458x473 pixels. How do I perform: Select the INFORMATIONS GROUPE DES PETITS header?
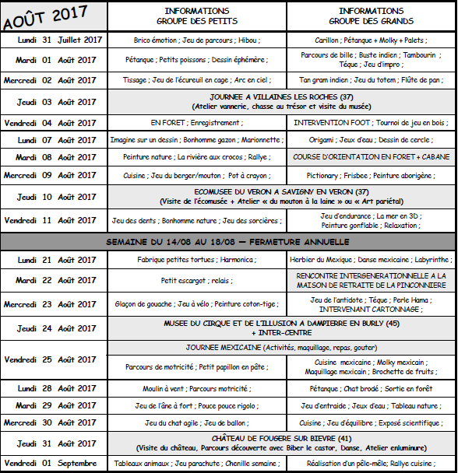(x=197, y=16)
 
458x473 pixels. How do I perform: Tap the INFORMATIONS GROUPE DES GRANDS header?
(x=372, y=16)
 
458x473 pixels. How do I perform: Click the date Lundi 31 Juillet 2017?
(x=60, y=39)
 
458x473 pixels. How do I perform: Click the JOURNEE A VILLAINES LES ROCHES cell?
(x=283, y=96)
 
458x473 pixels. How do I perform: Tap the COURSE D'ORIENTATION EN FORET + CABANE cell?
(x=372, y=156)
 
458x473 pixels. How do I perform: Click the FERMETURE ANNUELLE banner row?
(x=228, y=242)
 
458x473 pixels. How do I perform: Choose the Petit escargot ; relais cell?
(x=197, y=281)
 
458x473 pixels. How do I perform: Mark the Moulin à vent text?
(x=161, y=388)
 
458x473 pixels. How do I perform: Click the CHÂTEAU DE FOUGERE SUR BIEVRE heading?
(x=283, y=439)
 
